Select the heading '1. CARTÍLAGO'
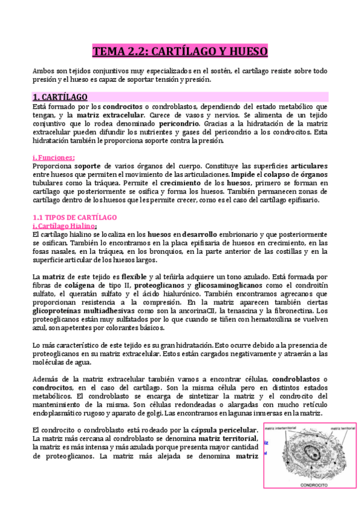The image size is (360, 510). tap(60, 97)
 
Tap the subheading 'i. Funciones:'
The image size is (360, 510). tap(53, 158)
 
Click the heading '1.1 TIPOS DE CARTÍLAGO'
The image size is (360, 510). tap(75, 217)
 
